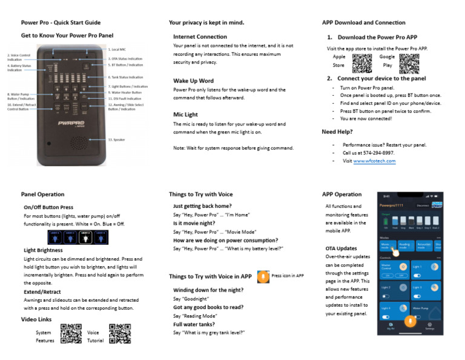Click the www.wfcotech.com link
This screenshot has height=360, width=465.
pos(374,161)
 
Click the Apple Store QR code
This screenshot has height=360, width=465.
pos(361,64)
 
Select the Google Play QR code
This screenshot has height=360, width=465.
pos(409,64)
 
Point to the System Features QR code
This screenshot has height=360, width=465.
pos(71,334)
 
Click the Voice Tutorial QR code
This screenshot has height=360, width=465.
pos(120,334)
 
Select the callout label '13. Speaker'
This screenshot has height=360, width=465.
pos(116,139)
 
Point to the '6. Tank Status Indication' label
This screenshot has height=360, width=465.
pos(125,78)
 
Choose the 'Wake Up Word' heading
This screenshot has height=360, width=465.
pos(193,81)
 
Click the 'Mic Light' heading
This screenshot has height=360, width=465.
pos(185,115)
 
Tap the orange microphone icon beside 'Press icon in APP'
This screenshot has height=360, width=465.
pos(263,276)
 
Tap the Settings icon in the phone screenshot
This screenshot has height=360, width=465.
pos(429,326)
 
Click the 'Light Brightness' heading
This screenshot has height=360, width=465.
pos(43,250)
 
